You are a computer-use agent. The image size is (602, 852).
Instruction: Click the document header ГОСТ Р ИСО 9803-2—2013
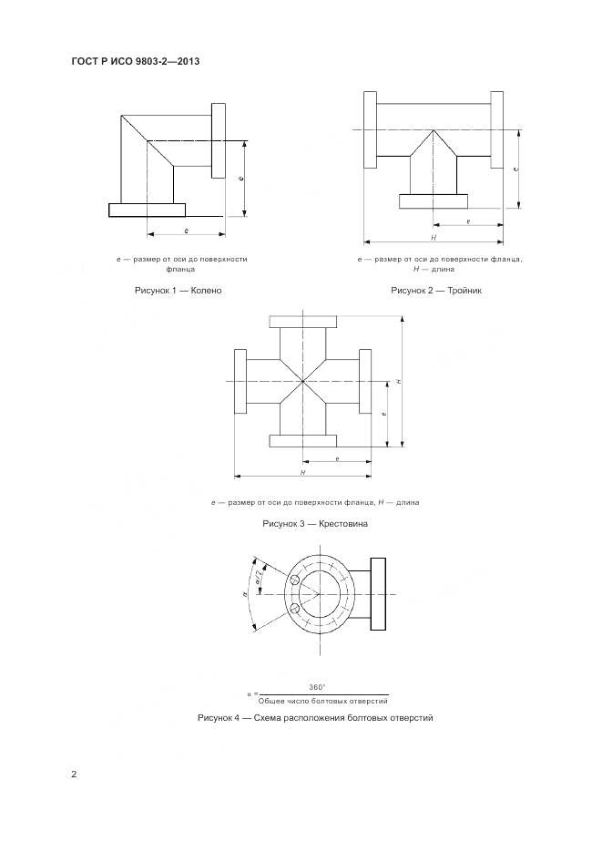(135, 62)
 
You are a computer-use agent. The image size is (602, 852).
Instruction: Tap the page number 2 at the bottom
(75, 775)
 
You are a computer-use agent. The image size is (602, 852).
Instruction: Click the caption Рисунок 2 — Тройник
(435, 290)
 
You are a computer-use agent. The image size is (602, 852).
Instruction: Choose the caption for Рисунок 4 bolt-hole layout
(314, 718)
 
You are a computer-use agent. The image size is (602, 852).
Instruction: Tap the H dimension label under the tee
(434, 237)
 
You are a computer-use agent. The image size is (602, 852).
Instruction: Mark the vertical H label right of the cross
(398, 380)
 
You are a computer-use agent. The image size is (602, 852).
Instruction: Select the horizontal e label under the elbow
(186, 231)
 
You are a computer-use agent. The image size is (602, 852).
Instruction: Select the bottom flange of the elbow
(147, 210)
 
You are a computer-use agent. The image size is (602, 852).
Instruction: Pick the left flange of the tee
(369, 130)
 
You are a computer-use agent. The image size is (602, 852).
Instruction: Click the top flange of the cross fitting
(303, 322)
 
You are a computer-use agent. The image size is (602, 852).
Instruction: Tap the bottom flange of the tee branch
(434, 200)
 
